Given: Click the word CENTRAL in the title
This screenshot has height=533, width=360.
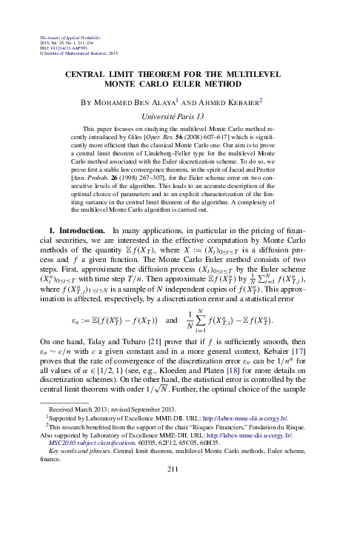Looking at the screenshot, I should pos(89,74).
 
